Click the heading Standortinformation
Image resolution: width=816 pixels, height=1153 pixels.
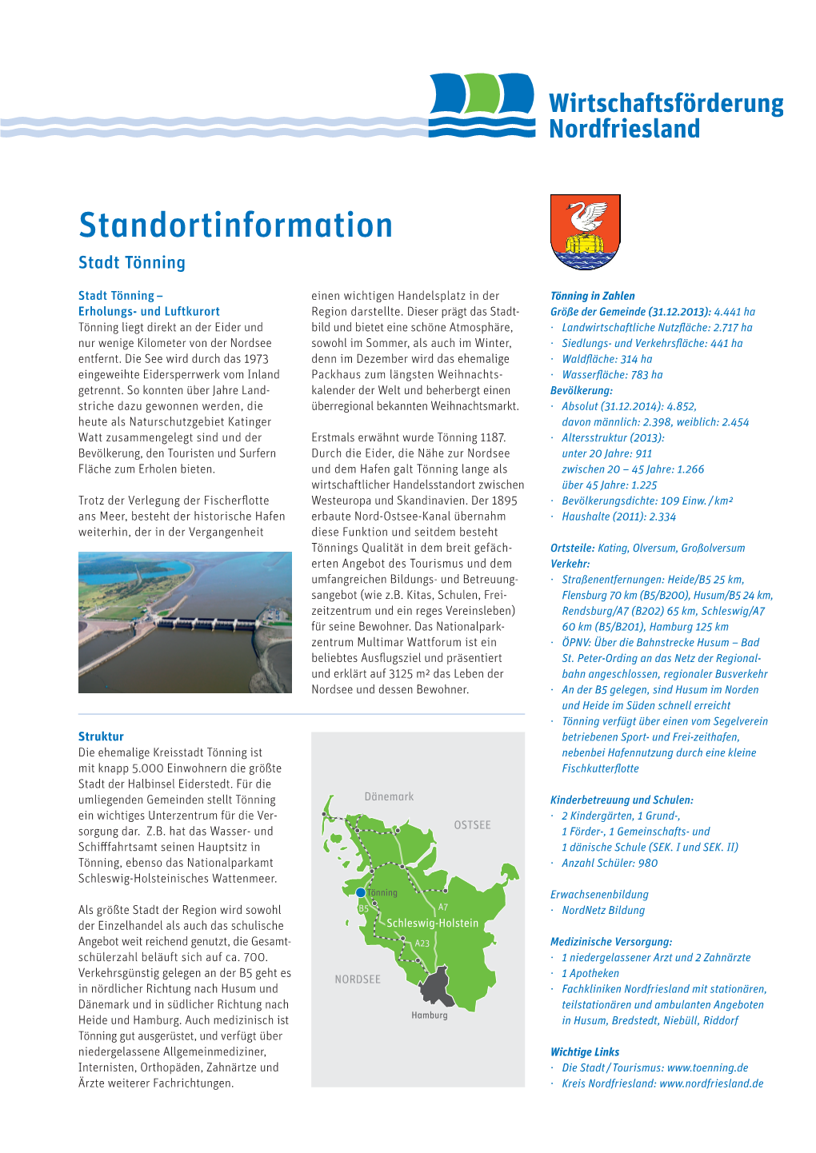click(235, 225)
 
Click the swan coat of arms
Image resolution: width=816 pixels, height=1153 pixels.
click(586, 232)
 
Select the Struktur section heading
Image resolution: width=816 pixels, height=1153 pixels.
click(101, 736)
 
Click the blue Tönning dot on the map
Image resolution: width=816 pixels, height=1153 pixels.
click(361, 892)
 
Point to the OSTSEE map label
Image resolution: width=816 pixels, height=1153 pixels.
click(472, 825)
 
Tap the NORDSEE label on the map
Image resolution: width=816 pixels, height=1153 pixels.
click(358, 979)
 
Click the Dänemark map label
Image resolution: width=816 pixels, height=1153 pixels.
click(389, 796)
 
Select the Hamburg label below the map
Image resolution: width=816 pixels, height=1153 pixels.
click(430, 1015)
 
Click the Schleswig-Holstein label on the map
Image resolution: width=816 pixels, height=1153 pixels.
click(433, 923)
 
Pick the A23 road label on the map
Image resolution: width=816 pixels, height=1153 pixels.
click(422, 944)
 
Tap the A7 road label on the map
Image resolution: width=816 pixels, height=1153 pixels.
click(443, 908)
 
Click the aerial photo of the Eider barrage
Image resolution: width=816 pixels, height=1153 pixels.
click(185, 622)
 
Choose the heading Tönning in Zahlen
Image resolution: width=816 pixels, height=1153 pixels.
click(593, 296)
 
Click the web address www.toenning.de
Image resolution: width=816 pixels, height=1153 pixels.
click(707, 1068)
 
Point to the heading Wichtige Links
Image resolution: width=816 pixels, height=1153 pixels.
click(585, 1052)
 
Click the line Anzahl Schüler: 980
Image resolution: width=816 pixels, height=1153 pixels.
click(610, 864)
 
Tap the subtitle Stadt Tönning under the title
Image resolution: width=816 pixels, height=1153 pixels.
click(132, 263)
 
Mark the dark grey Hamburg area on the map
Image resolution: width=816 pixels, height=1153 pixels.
click(437, 987)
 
